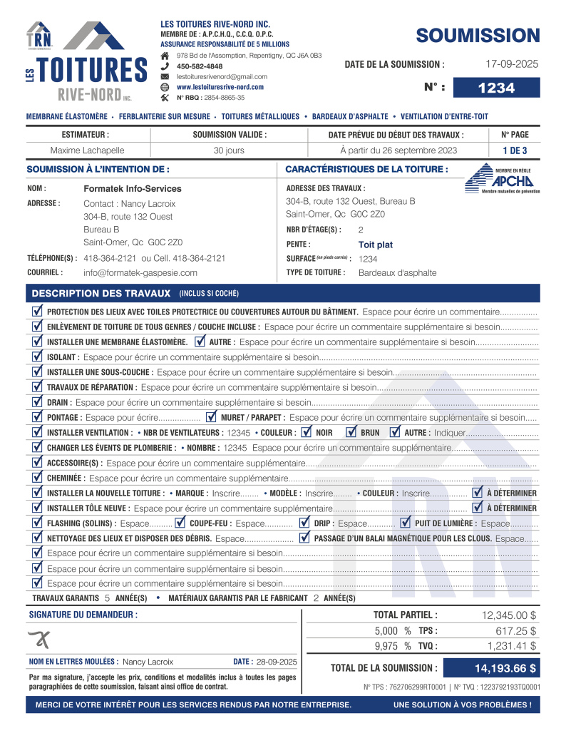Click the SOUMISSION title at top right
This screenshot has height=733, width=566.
(x=478, y=35)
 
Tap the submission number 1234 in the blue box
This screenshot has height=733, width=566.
(x=496, y=88)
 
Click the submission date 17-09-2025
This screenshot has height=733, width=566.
(x=512, y=63)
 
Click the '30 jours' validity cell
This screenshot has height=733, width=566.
(x=229, y=150)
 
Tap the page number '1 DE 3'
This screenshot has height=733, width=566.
(x=515, y=150)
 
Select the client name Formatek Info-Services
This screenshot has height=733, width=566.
(x=133, y=188)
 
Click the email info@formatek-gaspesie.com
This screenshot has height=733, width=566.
(x=140, y=272)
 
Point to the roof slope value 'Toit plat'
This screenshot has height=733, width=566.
(x=376, y=244)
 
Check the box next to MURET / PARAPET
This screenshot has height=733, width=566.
(x=211, y=416)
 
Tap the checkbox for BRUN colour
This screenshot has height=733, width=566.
(x=351, y=431)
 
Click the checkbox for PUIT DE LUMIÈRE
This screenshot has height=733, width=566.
(x=406, y=523)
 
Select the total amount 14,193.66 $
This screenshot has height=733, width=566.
(x=505, y=668)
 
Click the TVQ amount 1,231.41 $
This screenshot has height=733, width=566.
(x=511, y=645)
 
